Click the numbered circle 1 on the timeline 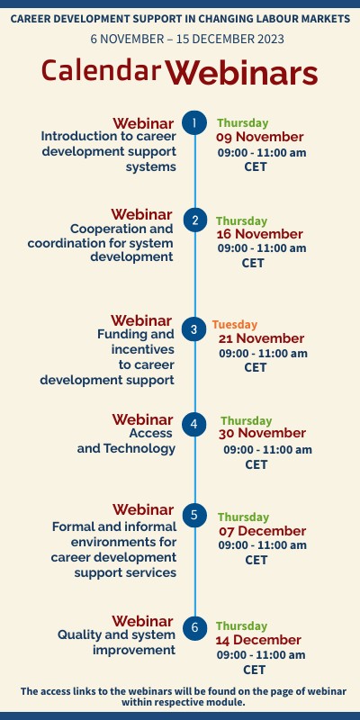click(194, 122)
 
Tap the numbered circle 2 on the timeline click(194, 220)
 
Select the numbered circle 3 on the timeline click(194, 329)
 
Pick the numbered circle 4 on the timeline click(194, 424)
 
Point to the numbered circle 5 click(194, 516)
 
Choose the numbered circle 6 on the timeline click(194, 626)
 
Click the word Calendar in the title click(102, 70)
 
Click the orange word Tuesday click(235, 324)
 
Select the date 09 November click(260, 138)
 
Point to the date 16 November click(259, 234)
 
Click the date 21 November click(261, 338)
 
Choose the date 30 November click(263, 434)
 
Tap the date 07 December click(261, 531)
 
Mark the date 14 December click(258, 640)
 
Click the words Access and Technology click(126, 441)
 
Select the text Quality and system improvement click(116, 642)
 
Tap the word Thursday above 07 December click(243, 517)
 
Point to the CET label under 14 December click(255, 670)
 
